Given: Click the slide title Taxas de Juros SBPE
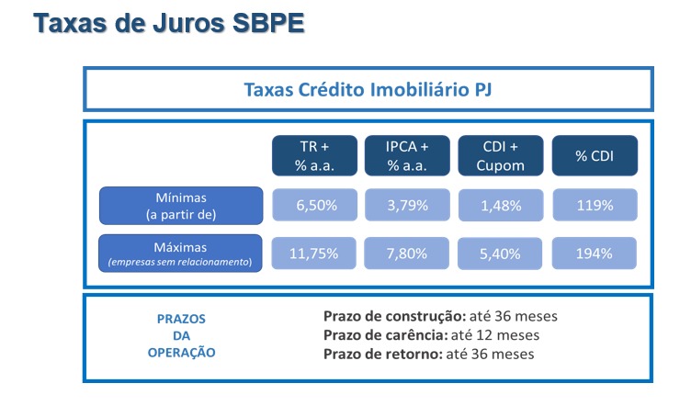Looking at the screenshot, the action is [169, 23].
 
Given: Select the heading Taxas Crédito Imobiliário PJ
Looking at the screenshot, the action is [368, 89].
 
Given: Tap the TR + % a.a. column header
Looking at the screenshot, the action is [314, 155].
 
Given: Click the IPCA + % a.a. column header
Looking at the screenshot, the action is [407, 155].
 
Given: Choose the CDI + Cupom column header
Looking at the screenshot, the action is [501, 155].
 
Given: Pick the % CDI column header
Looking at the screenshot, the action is [595, 155].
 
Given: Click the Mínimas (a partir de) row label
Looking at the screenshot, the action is [181, 206].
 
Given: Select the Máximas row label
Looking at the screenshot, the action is [180, 254].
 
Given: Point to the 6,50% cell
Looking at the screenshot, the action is [314, 205].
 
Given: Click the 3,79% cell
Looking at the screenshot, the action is [407, 205].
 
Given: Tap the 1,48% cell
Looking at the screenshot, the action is [501, 205].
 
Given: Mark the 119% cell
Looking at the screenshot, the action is [595, 205].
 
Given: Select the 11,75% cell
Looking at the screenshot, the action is [313, 254].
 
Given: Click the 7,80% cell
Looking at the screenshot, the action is [406, 254].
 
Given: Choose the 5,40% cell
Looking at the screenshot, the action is [500, 254].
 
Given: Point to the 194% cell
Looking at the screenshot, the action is [594, 254].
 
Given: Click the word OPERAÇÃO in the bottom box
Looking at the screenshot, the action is [182, 353].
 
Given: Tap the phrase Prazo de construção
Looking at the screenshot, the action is [394, 316].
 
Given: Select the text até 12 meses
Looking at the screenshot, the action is [495, 335].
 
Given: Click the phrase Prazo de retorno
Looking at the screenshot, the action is [383, 354].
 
